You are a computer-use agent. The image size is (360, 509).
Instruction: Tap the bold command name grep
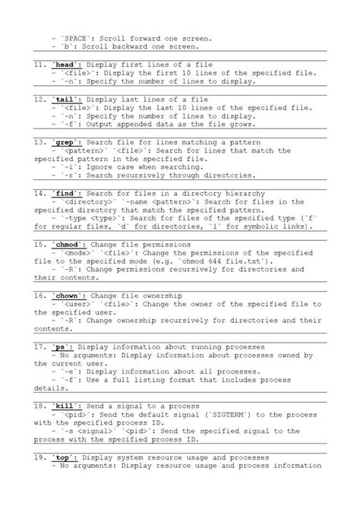[65, 142]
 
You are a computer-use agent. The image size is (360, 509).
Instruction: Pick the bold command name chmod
[68, 245]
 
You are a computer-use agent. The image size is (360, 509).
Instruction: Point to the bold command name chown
[68, 296]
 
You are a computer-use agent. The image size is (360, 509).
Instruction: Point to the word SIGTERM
[230, 415]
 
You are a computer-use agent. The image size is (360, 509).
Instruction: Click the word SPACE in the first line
[78, 38]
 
